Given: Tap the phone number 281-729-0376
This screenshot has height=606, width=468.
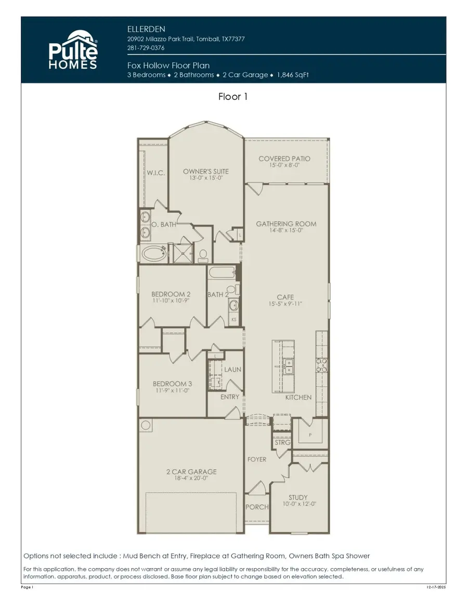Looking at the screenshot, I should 146,48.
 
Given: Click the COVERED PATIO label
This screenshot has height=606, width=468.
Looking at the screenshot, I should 284,159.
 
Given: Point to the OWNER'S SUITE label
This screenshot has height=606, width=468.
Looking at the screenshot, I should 205,172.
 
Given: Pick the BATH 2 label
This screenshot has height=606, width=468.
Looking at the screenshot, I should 218,295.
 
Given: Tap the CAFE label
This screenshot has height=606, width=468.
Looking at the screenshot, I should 285,297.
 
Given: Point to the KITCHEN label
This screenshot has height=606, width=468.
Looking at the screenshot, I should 298,397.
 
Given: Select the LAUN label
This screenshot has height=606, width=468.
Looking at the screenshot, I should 232,370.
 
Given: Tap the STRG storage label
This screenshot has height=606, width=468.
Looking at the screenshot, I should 283,442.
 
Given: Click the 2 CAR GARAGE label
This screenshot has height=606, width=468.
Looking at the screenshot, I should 191,472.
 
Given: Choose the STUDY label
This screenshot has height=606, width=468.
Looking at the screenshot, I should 298,497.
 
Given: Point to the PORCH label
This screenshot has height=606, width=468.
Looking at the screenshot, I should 257,507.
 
